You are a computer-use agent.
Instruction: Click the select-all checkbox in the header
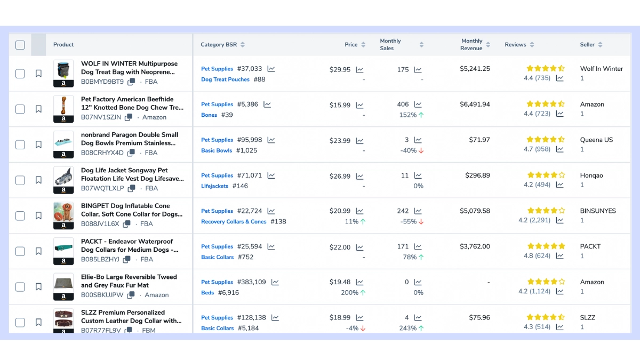(x=20, y=45)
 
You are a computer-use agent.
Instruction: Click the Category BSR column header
(x=219, y=45)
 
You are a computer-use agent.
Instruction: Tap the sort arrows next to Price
(x=363, y=45)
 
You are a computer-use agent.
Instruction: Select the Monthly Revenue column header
(x=471, y=45)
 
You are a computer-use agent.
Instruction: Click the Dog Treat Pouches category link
(x=225, y=79)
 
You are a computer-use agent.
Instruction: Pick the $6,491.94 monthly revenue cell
(x=475, y=105)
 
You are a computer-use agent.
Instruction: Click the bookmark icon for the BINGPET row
(x=38, y=215)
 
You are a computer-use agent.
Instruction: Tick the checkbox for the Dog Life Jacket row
(x=20, y=180)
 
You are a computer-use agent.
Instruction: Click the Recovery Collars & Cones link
(x=234, y=222)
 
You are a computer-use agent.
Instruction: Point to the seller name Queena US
(x=596, y=140)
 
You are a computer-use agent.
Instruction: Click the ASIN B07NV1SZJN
(x=101, y=117)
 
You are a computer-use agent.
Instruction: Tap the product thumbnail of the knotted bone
(x=63, y=109)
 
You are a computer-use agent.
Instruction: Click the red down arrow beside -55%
(x=421, y=222)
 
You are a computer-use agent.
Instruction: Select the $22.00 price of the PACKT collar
(x=340, y=247)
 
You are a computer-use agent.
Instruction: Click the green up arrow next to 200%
(x=363, y=293)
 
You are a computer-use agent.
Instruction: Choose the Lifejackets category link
(x=214, y=186)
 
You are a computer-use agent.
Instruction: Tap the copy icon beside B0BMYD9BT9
(x=131, y=82)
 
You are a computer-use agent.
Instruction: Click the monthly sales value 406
(x=403, y=105)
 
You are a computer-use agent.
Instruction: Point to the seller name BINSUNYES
(x=598, y=211)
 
